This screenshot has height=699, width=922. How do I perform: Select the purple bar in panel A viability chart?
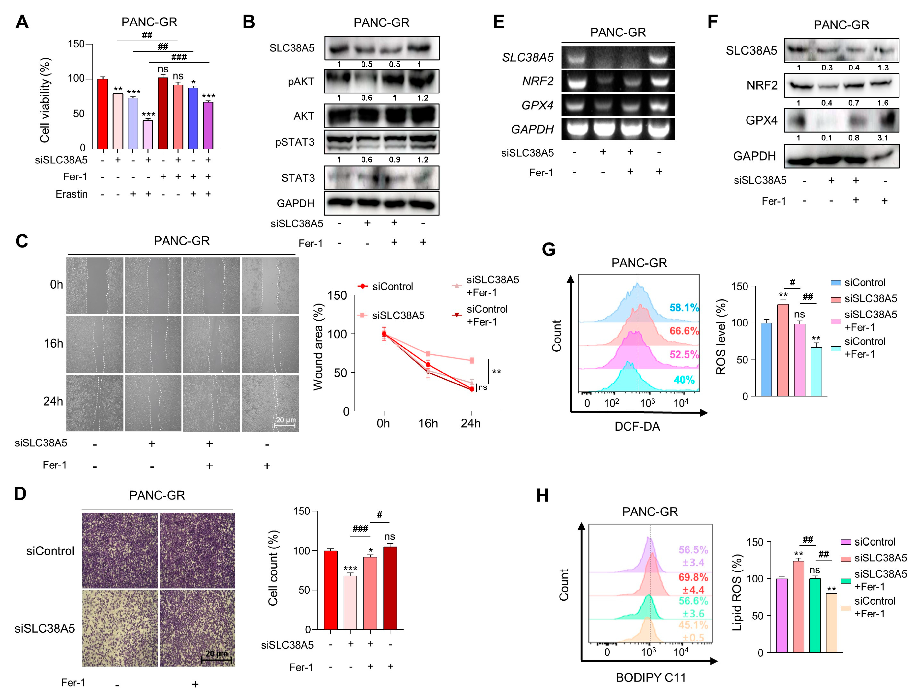[x=208, y=126]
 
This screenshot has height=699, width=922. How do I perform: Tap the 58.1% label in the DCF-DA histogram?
[x=684, y=308]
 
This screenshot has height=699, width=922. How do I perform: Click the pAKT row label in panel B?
[x=301, y=82]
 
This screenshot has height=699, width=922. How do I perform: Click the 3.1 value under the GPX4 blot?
[x=882, y=138]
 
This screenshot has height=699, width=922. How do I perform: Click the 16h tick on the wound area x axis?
[x=428, y=423]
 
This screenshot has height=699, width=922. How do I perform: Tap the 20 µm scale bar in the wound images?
[x=286, y=422]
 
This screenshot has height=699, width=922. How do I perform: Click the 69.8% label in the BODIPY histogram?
[x=693, y=577]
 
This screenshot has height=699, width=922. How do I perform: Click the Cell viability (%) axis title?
[x=45, y=100]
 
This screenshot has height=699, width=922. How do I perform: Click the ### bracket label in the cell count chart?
[x=360, y=529]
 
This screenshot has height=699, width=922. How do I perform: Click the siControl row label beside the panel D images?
[x=50, y=551]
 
